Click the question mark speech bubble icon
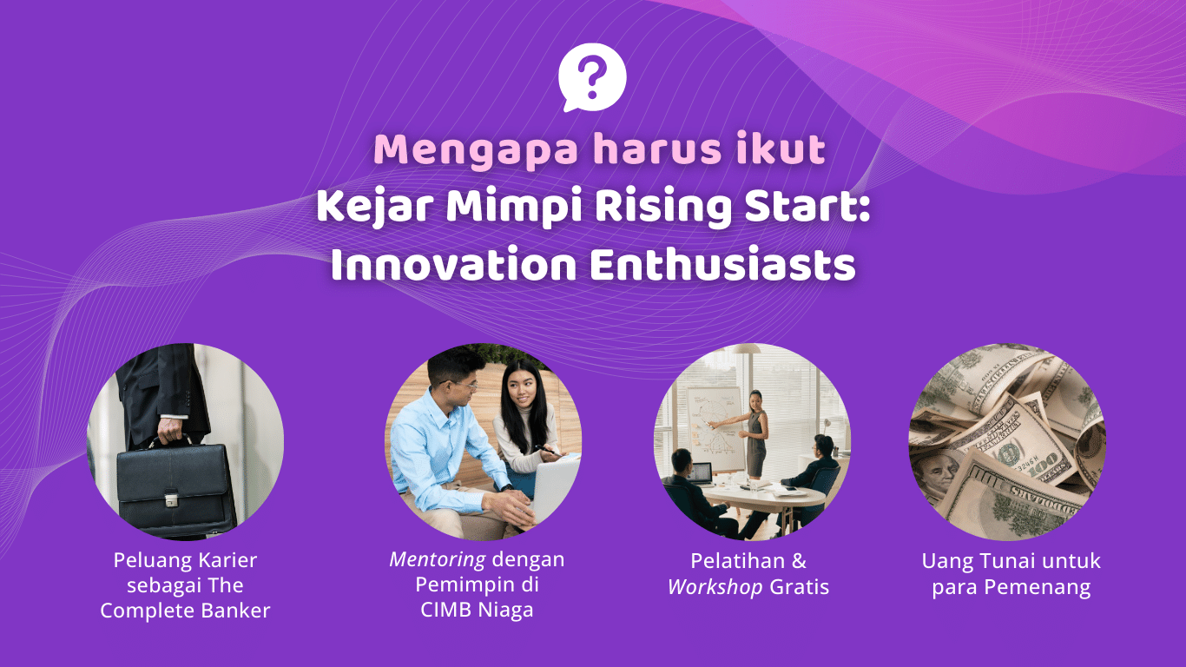pos(592,77)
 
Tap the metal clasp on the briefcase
pos(171,499)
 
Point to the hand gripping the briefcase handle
pos(170,431)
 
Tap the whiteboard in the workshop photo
pos(715,429)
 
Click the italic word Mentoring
pos(438,559)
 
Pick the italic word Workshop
pos(715,587)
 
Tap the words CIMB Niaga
pos(477,611)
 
